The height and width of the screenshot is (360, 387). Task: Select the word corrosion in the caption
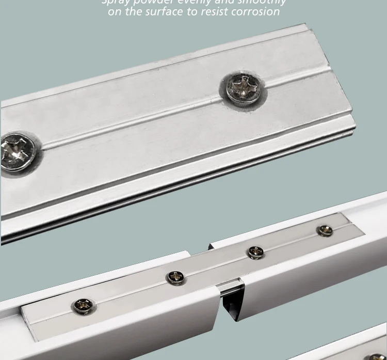tap(252, 11)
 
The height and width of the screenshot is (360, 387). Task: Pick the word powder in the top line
tap(152, 2)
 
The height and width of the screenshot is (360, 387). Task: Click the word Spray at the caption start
tap(115, 2)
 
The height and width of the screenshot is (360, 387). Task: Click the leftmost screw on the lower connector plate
tap(83, 306)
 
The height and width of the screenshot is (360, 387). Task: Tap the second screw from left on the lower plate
tap(176, 277)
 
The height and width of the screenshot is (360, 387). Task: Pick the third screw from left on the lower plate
tap(255, 252)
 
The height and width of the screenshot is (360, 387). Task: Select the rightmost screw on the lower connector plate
tap(325, 230)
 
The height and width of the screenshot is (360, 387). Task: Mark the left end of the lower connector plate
tap(28, 323)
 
